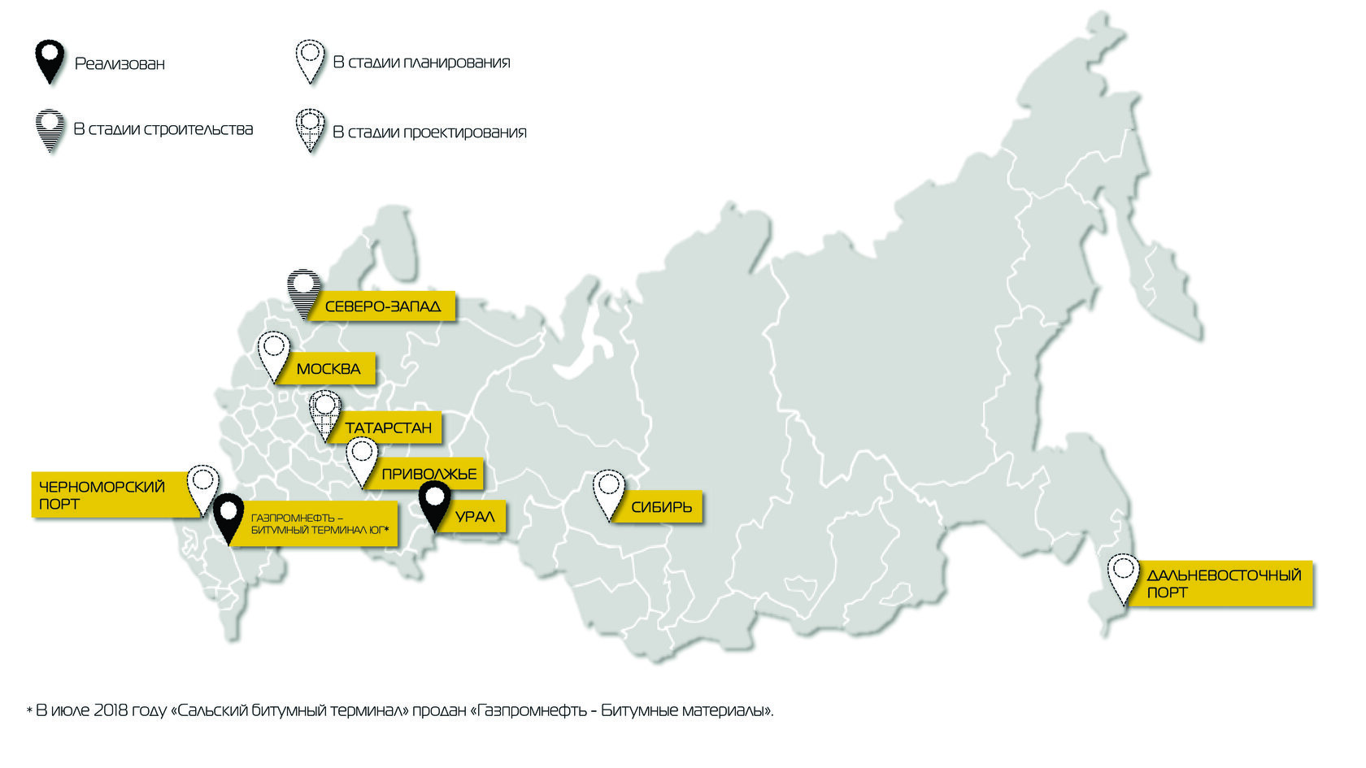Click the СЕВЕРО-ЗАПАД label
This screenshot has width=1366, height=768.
[x=383, y=306]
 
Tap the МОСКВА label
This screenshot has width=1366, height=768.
[x=328, y=369]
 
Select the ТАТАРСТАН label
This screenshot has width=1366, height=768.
[x=389, y=428]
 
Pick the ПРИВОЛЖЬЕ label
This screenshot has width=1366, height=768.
[x=429, y=474]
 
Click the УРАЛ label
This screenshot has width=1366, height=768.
[x=475, y=517]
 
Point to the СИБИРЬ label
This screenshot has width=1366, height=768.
[x=662, y=507]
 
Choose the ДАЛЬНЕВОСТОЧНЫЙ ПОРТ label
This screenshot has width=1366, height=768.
[x=1223, y=584]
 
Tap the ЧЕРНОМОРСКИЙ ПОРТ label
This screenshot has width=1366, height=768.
[x=102, y=495]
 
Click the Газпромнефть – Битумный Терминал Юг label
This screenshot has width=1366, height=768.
[x=319, y=524]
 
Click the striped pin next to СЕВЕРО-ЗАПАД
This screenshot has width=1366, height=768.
[x=303, y=293]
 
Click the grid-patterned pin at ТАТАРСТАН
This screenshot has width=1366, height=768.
[x=325, y=414]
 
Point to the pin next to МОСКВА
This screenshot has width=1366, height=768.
[x=274, y=355]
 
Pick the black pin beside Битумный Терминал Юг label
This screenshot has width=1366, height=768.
[x=229, y=517]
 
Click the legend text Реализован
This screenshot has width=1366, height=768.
[x=120, y=63]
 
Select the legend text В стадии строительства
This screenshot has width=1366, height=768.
[x=163, y=129]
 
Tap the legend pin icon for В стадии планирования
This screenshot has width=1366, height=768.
[x=310, y=61]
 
